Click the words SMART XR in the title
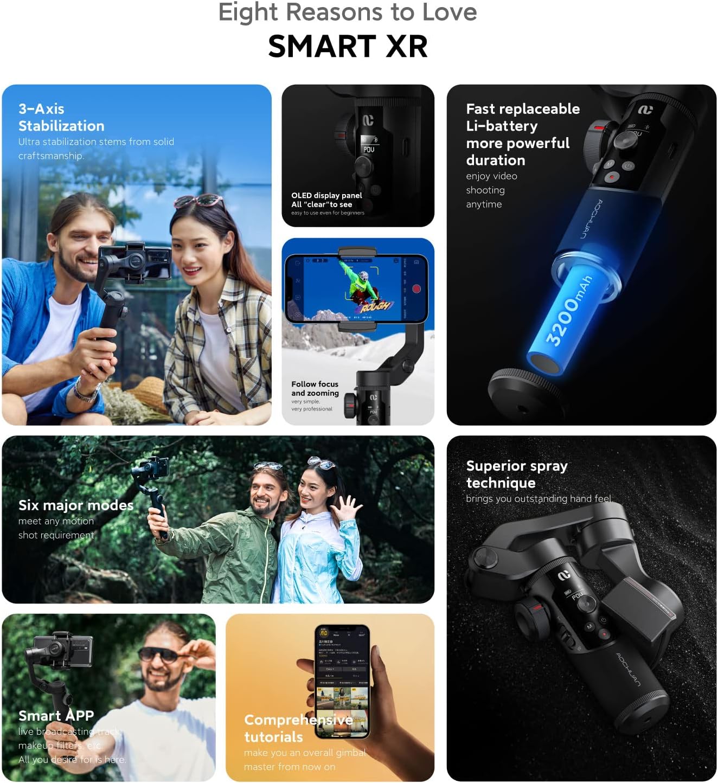tap(348, 46)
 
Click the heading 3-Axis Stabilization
tap(61, 118)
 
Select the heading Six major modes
tap(76, 505)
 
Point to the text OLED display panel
tap(326, 196)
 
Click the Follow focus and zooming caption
tap(315, 388)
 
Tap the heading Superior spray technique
tap(516, 474)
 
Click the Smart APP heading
tap(56, 716)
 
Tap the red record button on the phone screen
tap(416, 289)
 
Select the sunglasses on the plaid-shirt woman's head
tap(198, 202)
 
